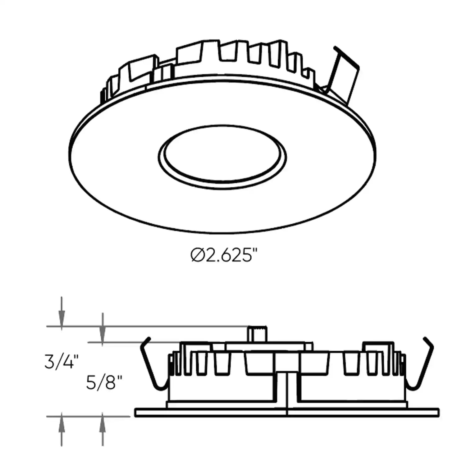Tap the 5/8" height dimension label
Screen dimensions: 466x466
[x=103, y=383]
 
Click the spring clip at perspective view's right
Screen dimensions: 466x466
[x=345, y=75]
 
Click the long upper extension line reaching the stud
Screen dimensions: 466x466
[x=155, y=327]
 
